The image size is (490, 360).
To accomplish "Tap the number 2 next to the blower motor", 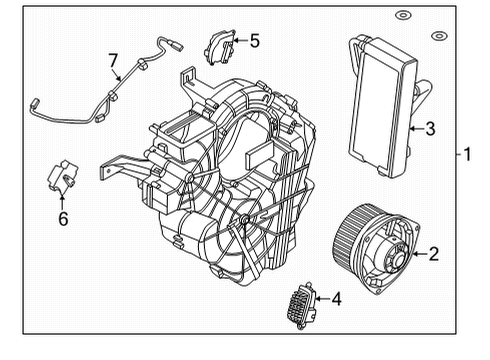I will (433, 254).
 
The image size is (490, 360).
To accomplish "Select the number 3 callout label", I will (429, 127).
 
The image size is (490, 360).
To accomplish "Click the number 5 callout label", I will (254, 41).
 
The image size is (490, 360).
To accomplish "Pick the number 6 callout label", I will (62, 217).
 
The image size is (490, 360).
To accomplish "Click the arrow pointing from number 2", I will (415, 254).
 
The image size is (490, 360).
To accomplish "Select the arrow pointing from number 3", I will (414, 127).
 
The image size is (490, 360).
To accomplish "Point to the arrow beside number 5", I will (239, 41).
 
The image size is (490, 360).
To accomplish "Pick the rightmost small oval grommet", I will (437, 37).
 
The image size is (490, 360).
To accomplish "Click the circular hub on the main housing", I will (245, 219).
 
